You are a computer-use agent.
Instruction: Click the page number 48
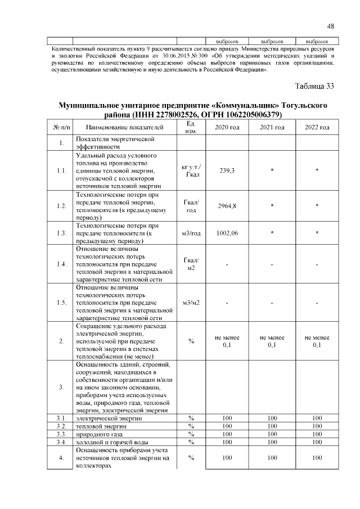(331, 26)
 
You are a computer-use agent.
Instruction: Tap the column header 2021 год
(272, 128)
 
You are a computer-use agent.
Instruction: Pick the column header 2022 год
(317, 128)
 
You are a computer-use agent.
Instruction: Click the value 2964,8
(227, 206)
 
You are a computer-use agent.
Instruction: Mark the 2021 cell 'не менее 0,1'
(272, 341)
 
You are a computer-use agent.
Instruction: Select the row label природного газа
(98, 434)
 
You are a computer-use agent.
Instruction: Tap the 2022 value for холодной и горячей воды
(317, 442)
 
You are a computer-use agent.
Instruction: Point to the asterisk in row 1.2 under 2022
(317, 206)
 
